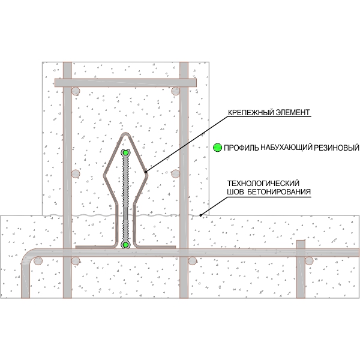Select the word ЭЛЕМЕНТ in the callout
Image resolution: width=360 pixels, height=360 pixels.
pyautogui.click(x=293, y=113)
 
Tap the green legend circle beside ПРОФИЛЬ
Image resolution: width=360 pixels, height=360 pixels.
pyautogui.click(x=217, y=148)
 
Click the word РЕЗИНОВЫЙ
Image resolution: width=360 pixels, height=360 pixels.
pyautogui.click(x=337, y=148)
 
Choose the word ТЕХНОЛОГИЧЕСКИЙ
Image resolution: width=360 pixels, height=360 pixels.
pyautogui.click(x=263, y=184)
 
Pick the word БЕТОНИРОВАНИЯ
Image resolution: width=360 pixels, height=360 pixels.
pyautogui.click(x=279, y=192)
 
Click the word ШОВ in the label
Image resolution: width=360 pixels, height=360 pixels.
pyautogui.click(x=235, y=192)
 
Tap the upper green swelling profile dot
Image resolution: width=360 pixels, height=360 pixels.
pyautogui.click(x=125, y=152)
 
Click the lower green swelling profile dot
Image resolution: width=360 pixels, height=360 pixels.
pyautogui.click(x=125, y=245)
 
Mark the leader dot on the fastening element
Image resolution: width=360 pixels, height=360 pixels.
pyautogui.click(x=146, y=172)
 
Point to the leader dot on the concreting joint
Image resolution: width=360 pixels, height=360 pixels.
pyautogui.click(x=200, y=215)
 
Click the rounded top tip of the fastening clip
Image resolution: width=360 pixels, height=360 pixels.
pyautogui.click(x=125, y=133)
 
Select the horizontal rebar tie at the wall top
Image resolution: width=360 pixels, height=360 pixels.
pyautogui.click(x=125, y=83)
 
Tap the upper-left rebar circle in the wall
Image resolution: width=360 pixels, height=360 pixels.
pyautogui.click(x=76, y=91)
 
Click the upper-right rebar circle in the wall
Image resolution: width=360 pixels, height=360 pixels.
pyautogui.click(x=176, y=91)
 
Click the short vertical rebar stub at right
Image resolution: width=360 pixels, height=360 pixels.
pyautogui.click(x=301, y=269)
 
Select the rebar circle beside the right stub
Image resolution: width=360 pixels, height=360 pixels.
pyautogui.click(x=309, y=261)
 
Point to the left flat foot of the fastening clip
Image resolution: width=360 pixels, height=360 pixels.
pyautogui.click(x=95, y=247)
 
